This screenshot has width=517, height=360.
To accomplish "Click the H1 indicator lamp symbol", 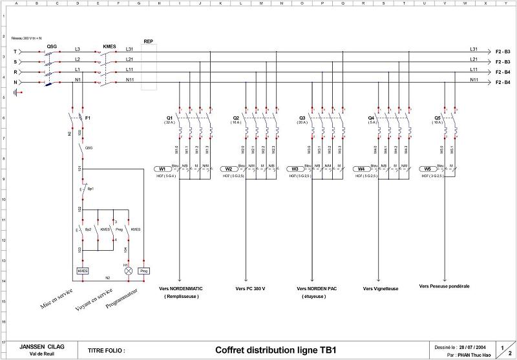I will tap(128, 270).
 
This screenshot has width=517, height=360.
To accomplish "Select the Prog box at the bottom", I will tap(143, 270).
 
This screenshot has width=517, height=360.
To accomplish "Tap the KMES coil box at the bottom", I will tap(82, 270).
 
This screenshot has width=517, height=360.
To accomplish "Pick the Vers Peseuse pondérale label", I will tap(444, 286).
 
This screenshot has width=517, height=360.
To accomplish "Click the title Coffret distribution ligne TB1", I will tap(276, 350).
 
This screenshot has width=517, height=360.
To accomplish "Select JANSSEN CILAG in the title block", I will tap(42, 346).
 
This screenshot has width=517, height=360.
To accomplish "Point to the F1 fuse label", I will tap(87, 118).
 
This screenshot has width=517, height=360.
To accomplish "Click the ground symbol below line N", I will tap(24, 92).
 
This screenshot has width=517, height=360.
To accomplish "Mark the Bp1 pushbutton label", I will tap(90, 189).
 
